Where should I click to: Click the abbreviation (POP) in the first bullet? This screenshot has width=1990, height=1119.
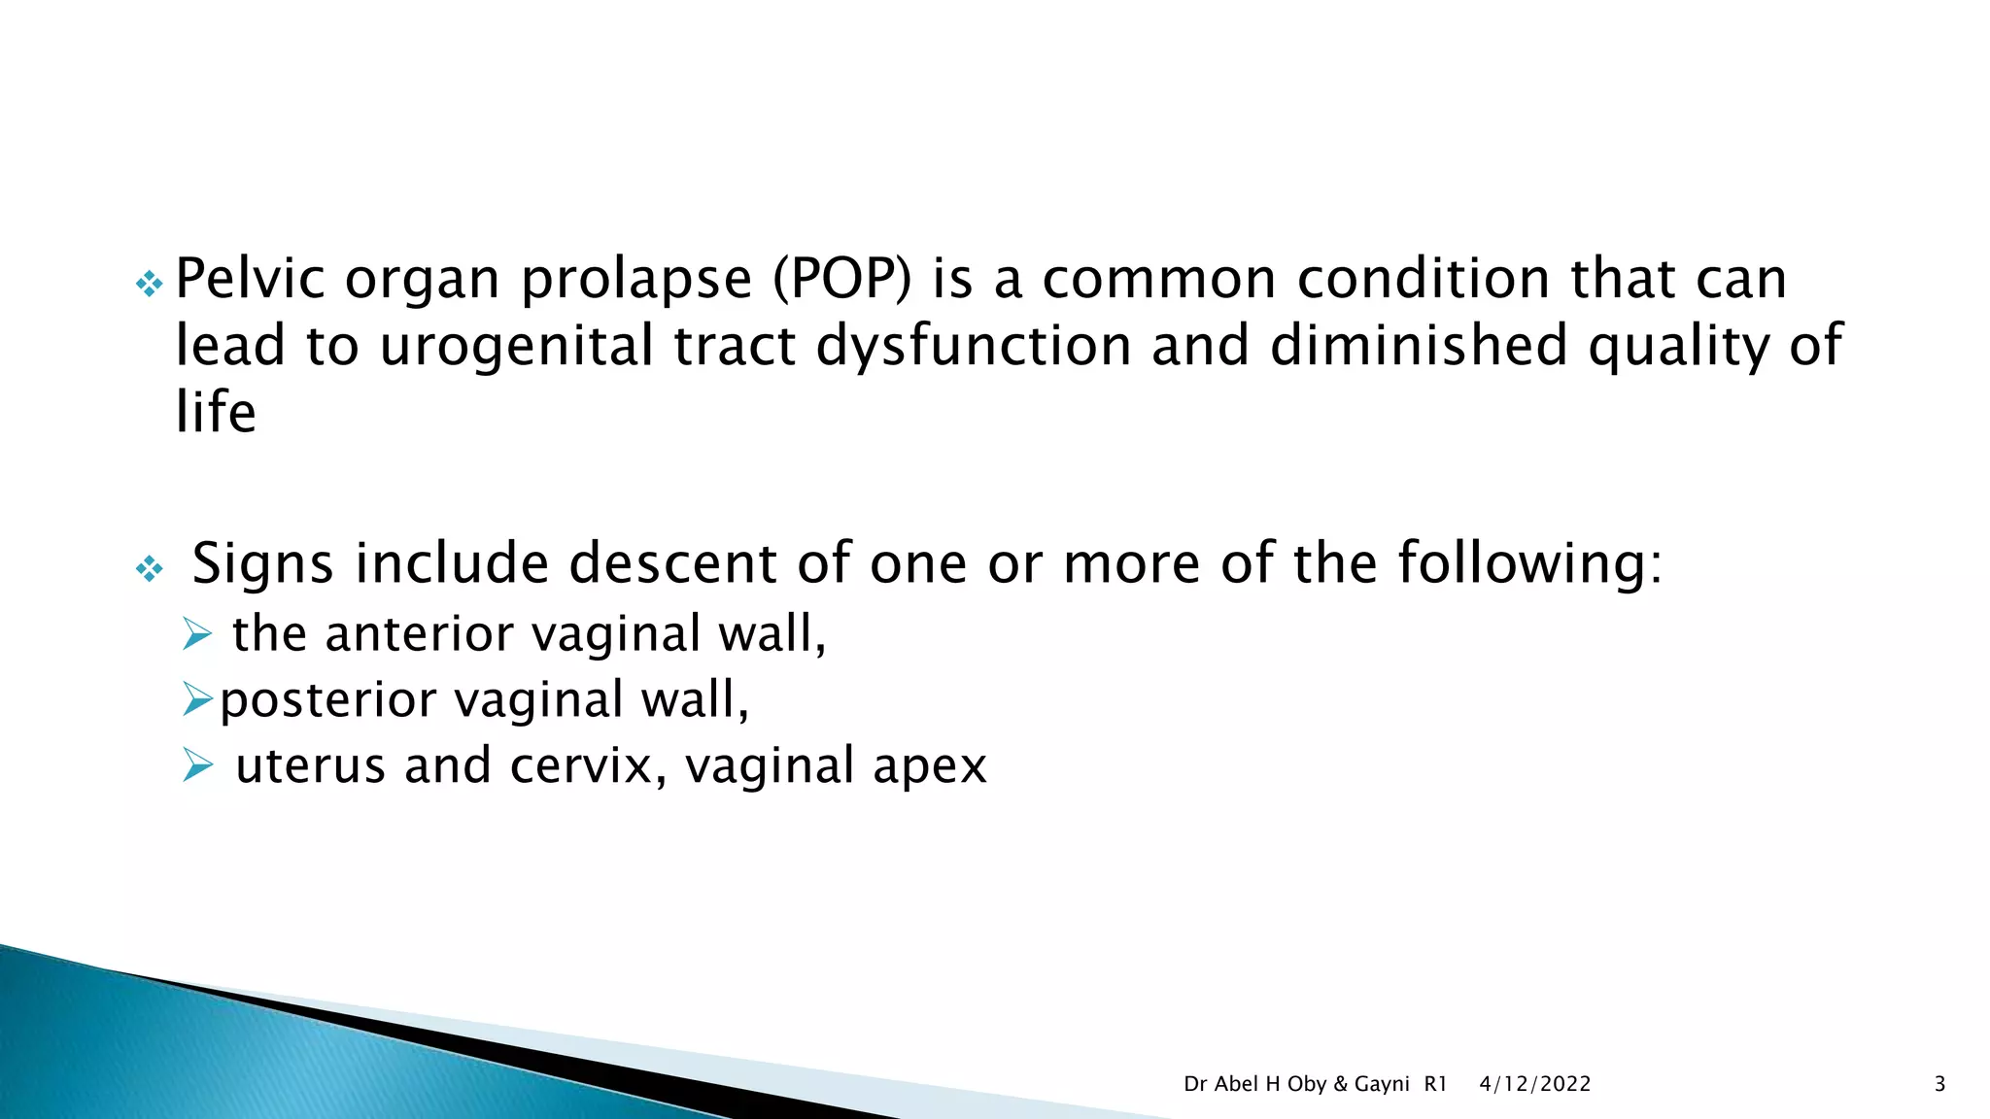coord(842,281)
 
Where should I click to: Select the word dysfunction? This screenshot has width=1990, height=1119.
coord(974,348)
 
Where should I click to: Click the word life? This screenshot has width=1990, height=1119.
coord(216,412)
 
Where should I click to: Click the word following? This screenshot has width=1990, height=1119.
coord(1529,565)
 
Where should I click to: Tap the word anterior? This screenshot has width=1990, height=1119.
coord(419,634)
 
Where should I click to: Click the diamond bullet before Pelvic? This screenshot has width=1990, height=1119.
coord(149,284)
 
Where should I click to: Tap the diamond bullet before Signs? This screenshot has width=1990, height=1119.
coord(149,568)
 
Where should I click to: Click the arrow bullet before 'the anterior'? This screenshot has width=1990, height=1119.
coord(197,635)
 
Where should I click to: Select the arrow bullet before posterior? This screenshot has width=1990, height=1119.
coord(197,699)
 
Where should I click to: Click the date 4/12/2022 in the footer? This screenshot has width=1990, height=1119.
coord(1535,1084)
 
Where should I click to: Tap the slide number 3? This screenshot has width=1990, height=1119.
coord(1939,1084)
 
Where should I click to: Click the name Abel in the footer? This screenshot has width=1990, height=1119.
coord(1236,1084)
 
